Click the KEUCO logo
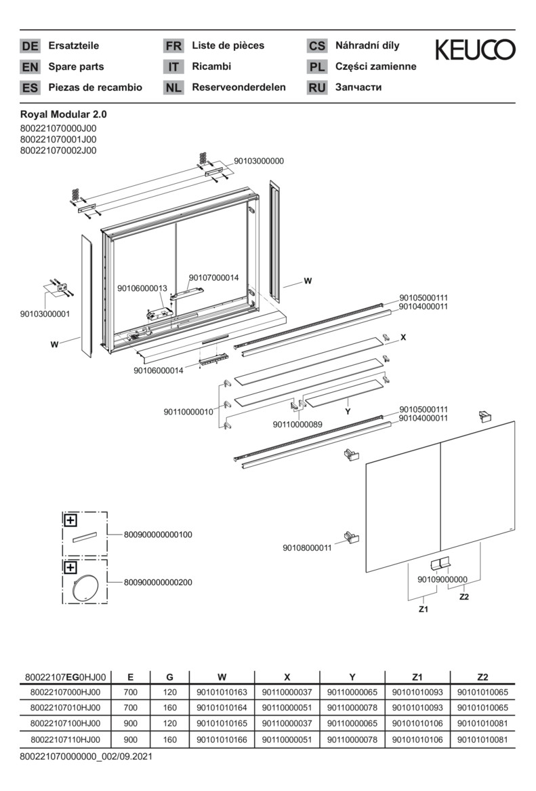pos(474,50)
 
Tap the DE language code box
pos(30,46)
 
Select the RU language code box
pos(316,88)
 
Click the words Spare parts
pos(76,66)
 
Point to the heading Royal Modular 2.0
pos(64,115)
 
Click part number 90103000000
pos(259,161)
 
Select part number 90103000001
pos(45,313)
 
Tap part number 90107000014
pos(213,277)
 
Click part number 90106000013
pos(142,288)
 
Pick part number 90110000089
pos(297,424)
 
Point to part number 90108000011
pos(307,548)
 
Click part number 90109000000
pos(442,579)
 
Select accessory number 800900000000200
pos(158,582)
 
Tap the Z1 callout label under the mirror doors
pos(423,610)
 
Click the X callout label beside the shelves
pos(403,336)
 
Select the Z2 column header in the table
pos(482,676)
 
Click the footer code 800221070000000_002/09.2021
pos(86,755)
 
